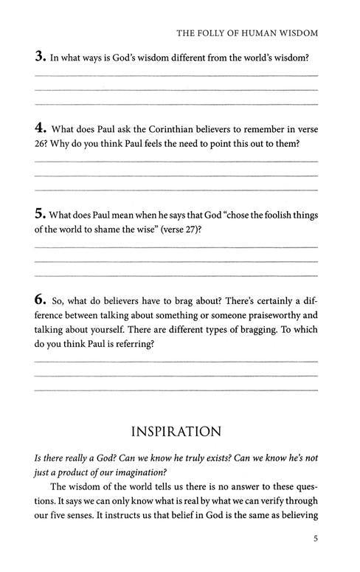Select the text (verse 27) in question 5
178,230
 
